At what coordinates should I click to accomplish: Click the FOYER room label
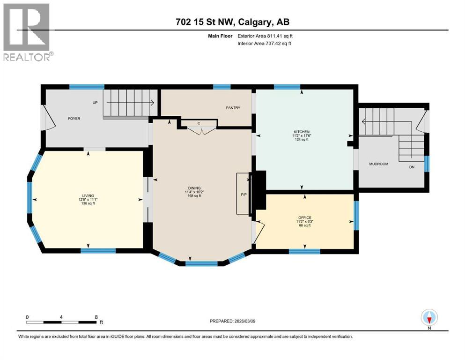74,119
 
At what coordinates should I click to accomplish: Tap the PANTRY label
233,108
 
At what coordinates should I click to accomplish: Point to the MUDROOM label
379,164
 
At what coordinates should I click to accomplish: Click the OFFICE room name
304,217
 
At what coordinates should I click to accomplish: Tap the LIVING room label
88,195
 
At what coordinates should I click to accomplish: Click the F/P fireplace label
244,194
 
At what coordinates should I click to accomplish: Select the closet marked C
199,123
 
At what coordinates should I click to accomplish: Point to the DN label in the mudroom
412,166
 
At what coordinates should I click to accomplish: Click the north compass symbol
429,318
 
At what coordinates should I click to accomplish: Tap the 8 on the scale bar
96,316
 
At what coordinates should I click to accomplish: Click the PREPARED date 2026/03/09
232,321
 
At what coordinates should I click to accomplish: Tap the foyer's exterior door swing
44,117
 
